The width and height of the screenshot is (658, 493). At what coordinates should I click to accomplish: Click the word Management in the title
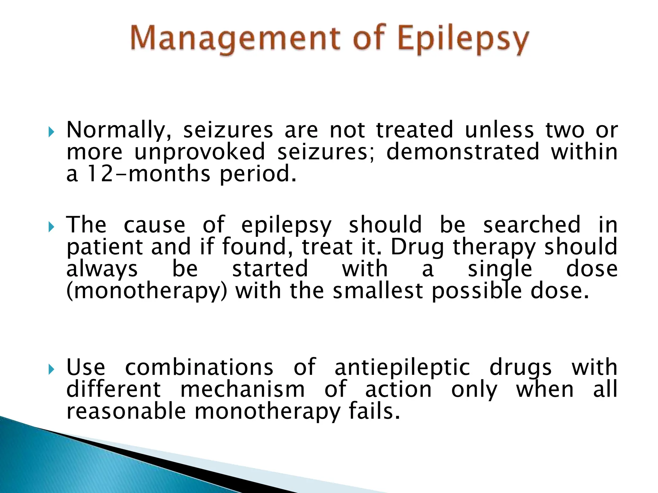coord(235,39)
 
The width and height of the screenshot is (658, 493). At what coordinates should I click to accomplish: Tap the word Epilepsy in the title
coord(463,41)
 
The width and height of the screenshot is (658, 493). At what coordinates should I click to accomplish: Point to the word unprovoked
coord(200,152)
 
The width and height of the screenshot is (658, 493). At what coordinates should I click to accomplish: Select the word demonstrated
coord(463,152)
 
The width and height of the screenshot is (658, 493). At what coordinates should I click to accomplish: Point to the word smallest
coord(378,291)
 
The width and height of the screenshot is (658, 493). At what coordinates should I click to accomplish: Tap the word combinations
coord(199,368)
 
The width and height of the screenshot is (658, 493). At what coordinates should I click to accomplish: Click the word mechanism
coord(243,390)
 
